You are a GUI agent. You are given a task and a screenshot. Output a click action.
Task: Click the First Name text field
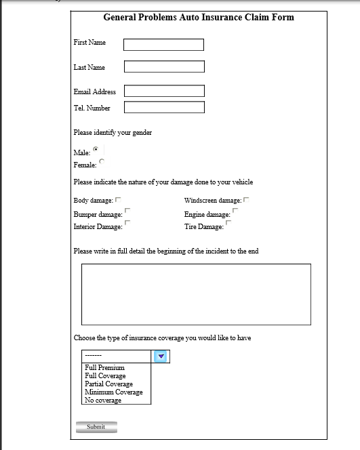point(163,45)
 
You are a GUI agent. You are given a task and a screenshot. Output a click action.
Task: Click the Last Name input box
point(164,66)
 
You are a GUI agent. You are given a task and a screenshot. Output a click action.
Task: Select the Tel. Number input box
point(164,107)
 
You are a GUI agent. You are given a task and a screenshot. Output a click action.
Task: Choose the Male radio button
point(96,148)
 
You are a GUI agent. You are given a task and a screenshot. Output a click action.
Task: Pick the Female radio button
point(102,161)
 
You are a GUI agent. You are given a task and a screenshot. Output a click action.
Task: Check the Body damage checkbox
point(118,200)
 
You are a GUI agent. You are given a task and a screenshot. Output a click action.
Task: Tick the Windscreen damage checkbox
point(246,200)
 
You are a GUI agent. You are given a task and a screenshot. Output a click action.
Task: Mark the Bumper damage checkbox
point(127,211)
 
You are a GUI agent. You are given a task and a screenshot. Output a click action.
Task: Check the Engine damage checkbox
point(235,211)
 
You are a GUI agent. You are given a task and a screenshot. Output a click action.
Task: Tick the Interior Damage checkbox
point(127,222)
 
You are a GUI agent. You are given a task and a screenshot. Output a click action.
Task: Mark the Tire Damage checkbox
point(228,222)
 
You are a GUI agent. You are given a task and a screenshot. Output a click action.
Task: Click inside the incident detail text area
point(196,294)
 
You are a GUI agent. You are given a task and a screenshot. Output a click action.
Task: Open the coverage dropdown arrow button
point(161,356)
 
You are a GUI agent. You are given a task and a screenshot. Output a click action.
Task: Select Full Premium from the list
point(105,368)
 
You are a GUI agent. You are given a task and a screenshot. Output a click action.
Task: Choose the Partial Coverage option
point(108,384)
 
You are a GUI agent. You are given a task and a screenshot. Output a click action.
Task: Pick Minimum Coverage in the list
point(113,392)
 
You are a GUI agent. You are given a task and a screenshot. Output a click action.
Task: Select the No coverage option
point(103,401)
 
